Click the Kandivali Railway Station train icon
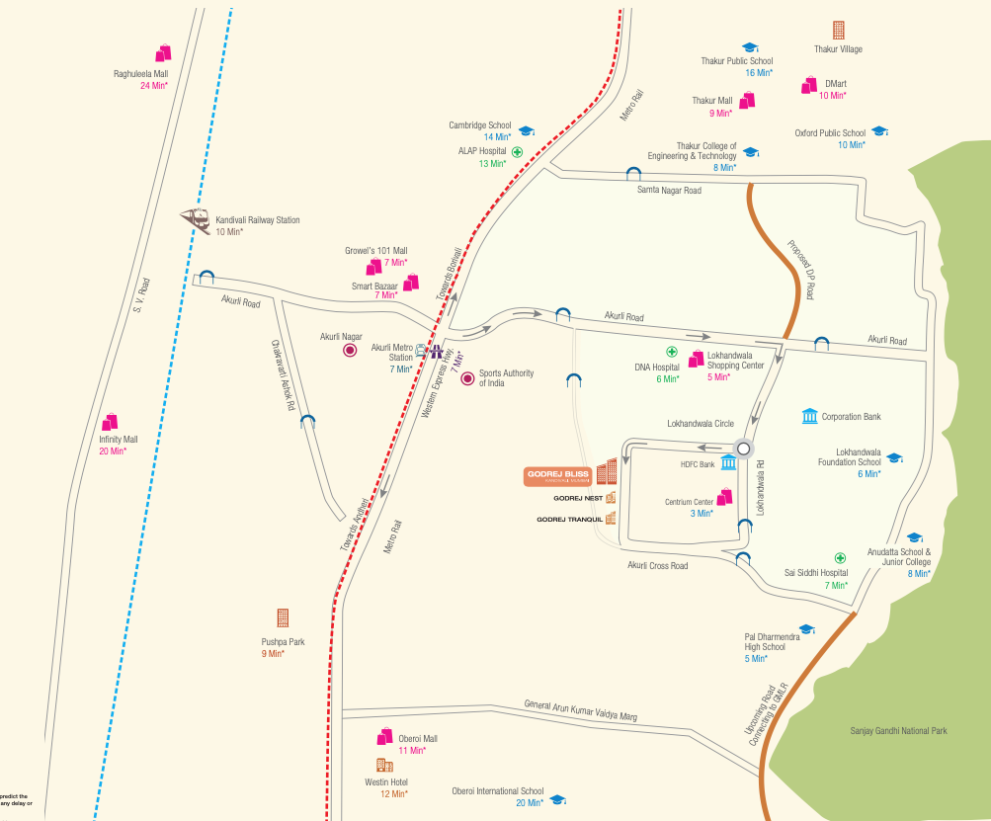coord(194,219)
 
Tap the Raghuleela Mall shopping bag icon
coord(163,53)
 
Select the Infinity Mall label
coord(118,439)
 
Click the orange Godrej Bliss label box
coord(558,476)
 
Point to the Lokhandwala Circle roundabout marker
coord(743,447)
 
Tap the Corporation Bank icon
coord(809,416)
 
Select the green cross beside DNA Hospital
coord(671,352)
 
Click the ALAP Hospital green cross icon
coord(517,152)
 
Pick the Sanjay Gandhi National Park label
coord(898,731)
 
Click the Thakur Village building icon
coord(838,31)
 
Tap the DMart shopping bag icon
coord(808,86)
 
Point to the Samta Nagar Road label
coord(669,190)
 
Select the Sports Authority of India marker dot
coord(468,377)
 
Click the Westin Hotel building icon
coord(384,766)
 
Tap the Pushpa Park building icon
coord(284,617)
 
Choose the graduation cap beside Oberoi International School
coord(557,798)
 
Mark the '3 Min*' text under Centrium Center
coord(702,513)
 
